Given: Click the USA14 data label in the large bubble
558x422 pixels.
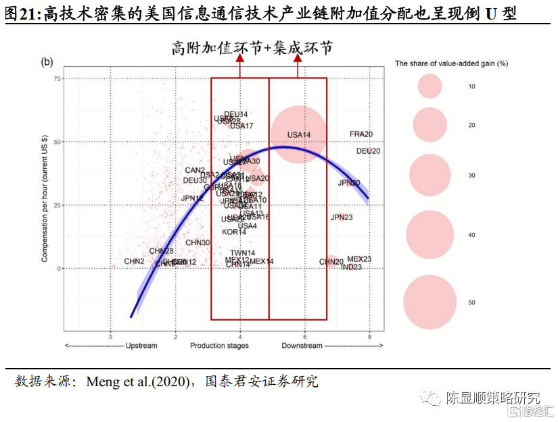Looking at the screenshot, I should tap(298, 135).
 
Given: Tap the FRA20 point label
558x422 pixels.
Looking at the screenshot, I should tap(361, 134).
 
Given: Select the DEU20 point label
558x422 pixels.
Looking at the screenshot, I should tap(368, 151).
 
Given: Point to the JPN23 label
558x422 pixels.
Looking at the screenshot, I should tap(342, 217).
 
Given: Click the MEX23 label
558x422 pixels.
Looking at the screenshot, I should tap(359, 259).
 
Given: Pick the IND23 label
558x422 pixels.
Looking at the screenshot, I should tap(351, 267).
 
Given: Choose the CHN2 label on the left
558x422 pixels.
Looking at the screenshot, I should tap(134, 261).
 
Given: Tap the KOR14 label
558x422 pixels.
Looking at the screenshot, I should tap(234, 232).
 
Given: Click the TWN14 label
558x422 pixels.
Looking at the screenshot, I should tap(243, 253).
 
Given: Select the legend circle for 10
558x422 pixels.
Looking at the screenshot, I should tap(429, 86).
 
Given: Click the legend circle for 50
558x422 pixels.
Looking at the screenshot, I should tap(429, 302).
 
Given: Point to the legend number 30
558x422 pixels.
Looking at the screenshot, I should tap(471, 176).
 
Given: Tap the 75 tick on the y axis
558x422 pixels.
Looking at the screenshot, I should tap(57, 79).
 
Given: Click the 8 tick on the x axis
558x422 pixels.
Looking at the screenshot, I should tap(369, 336).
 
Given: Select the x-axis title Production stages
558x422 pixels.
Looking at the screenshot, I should tap(219, 346).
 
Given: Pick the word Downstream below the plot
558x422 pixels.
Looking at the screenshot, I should tap(302, 346).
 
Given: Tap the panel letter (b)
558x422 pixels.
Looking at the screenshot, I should tap(47, 62).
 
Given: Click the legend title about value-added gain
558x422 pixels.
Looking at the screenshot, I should tap(452, 63).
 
